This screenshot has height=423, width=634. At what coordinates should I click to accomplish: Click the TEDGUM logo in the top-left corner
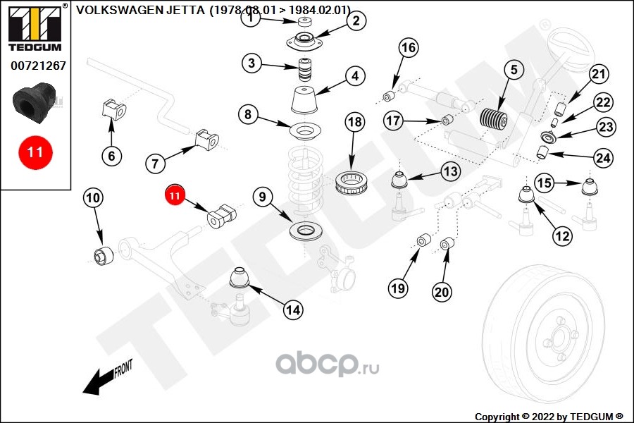coord(35,29)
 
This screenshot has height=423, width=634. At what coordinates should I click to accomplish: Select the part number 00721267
coord(38,66)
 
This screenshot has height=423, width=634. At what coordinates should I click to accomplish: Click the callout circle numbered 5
coord(514,69)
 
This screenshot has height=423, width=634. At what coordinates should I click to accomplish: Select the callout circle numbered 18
coord(355,122)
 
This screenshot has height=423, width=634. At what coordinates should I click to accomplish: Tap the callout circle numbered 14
coord(293,309)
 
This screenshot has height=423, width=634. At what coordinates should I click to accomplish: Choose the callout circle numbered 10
coord(92,198)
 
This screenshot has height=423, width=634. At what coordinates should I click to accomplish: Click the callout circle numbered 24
coord(603,158)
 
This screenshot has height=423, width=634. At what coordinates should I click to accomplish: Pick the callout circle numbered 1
coord(250,19)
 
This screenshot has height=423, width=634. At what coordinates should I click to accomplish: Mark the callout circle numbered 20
coord(442,290)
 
